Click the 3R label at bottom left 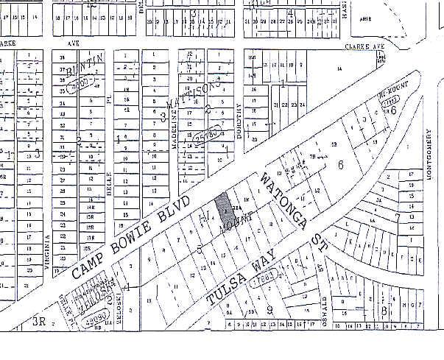click(x=39, y=321)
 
